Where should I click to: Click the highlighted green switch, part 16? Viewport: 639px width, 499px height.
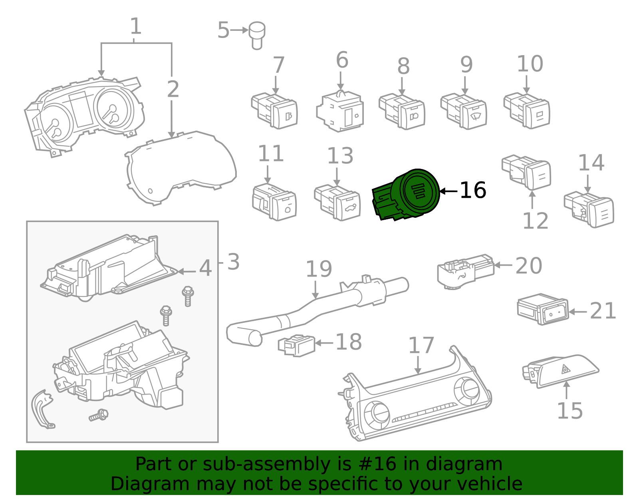(x=407, y=195)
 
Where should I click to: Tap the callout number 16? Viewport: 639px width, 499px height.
(x=473, y=191)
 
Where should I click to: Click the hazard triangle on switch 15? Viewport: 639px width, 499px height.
(x=566, y=369)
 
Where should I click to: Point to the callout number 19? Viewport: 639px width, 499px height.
(x=319, y=269)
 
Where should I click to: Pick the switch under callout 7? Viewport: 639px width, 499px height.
(x=275, y=111)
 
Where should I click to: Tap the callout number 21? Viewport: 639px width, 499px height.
(x=603, y=311)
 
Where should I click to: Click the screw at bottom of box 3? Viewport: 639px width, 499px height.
(x=99, y=416)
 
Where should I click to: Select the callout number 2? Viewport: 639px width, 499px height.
(x=173, y=89)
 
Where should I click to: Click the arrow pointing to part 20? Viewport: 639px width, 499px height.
(x=503, y=265)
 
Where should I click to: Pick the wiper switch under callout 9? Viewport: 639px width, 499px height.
(x=464, y=111)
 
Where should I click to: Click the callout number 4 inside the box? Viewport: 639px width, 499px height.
(x=205, y=268)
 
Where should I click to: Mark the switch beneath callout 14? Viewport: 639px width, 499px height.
(x=589, y=210)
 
